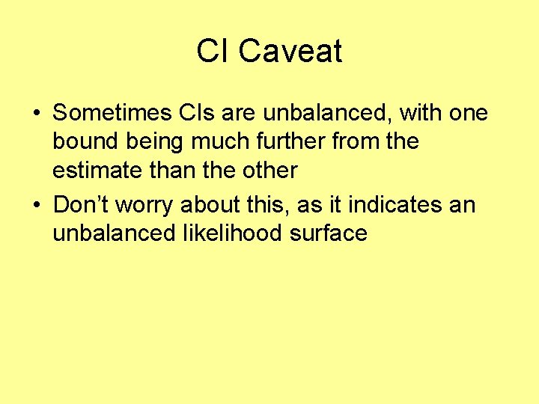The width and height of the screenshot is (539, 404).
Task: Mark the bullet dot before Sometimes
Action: point(36,114)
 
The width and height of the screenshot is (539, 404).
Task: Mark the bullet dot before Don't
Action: point(36,205)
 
